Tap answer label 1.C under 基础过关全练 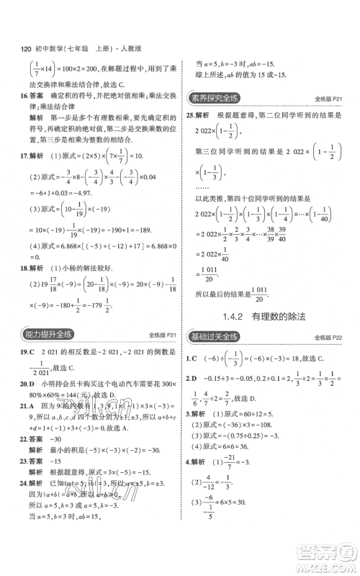192,358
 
